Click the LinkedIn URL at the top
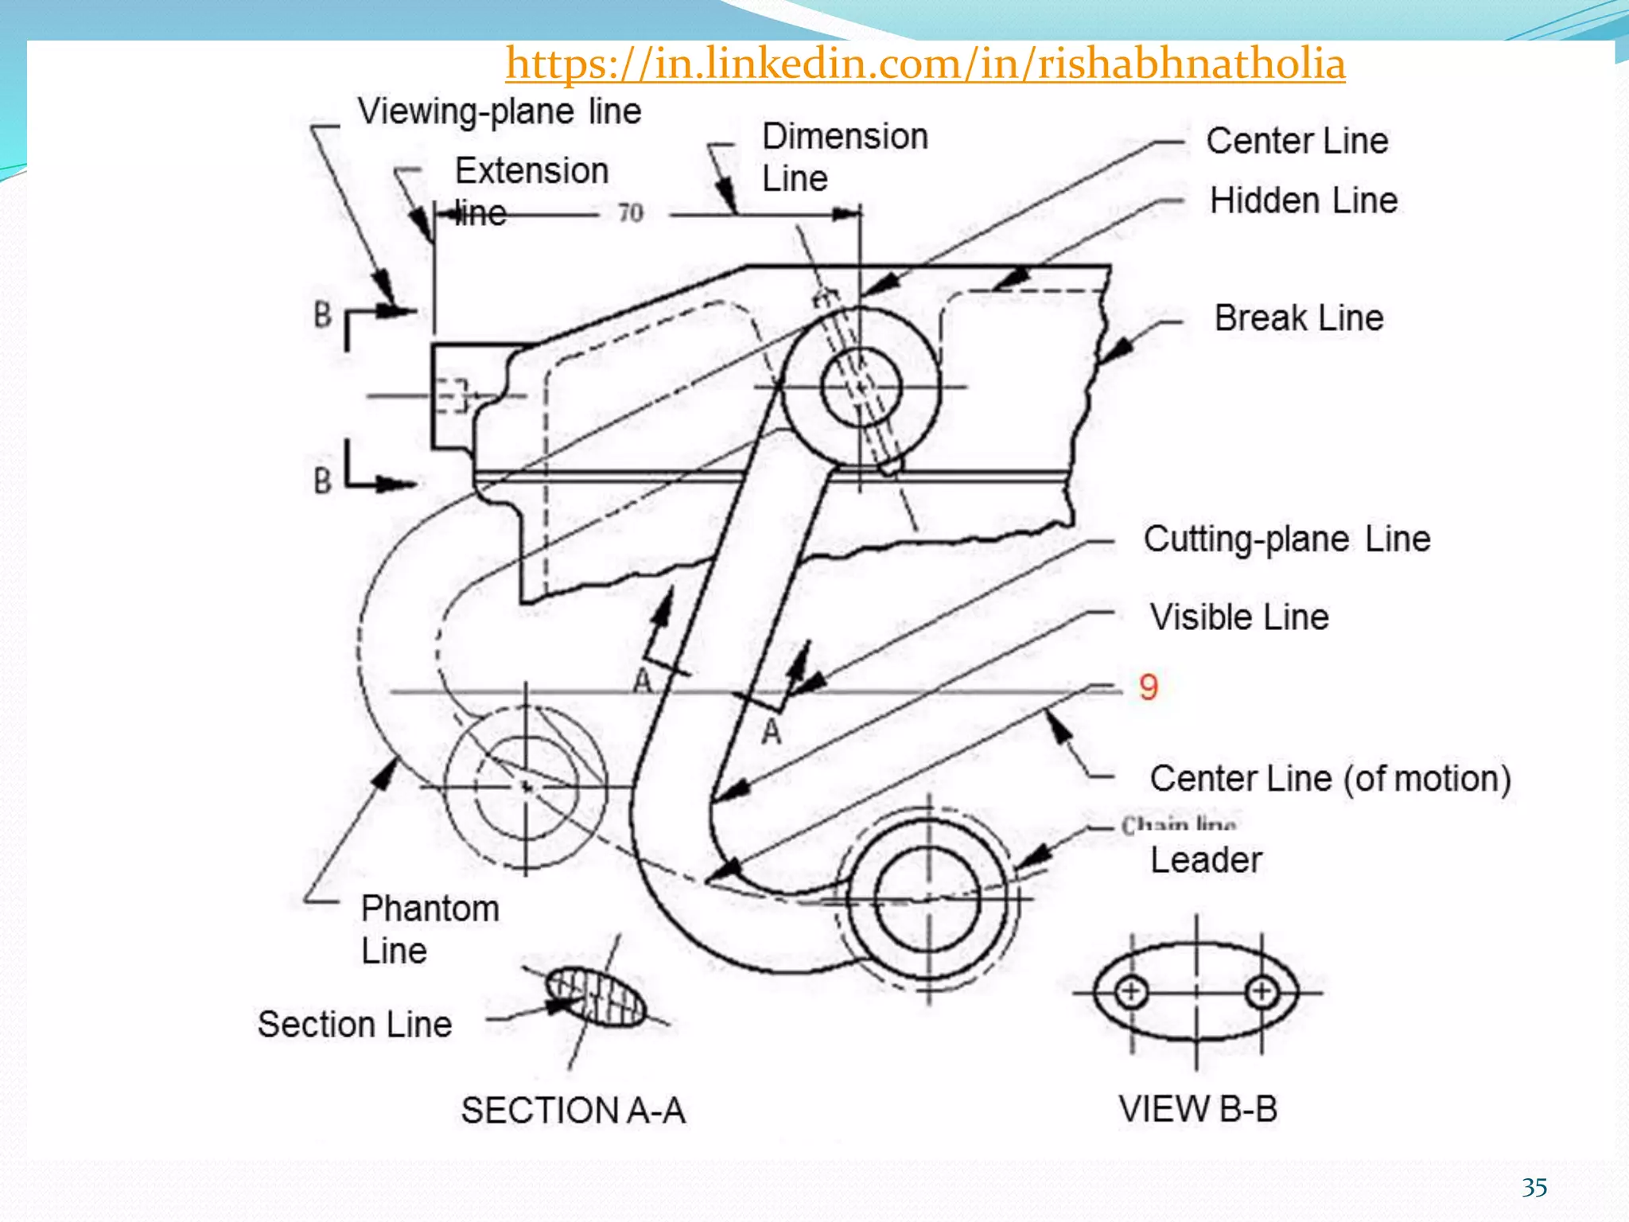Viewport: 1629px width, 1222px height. (x=925, y=64)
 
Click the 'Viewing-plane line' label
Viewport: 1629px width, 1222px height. (x=499, y=111)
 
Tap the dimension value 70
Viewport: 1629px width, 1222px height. (x=631, y=213)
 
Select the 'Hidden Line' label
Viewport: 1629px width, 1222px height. (x=1303, y=200)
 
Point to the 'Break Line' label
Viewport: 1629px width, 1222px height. (x=1298, y=318)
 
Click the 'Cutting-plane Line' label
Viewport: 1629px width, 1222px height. (x=1286, y=539)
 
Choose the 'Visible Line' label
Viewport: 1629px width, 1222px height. (x=1238, y=617)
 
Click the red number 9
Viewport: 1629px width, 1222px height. (x=1148, y=687)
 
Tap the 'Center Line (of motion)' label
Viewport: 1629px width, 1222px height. (x=1329, y=778)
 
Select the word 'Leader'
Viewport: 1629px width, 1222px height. (x=1206, y=860)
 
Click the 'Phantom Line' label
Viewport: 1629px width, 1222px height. (x=430, y=929)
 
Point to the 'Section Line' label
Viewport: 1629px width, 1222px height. (x=355, y=1025)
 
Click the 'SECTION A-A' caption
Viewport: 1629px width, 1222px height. (x=573, y=1110)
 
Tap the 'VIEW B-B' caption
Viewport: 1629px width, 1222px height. (x=1197, y=1109)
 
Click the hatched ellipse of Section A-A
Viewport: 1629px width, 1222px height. (x=596, y=997)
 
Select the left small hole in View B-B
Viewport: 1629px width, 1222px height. (x=1130, y=992)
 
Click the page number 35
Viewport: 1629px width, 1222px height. (x=1534, y=1188)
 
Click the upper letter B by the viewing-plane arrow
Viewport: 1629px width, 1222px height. (x=322, y=314)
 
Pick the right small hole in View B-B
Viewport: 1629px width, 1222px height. (x=1262, y=992)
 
